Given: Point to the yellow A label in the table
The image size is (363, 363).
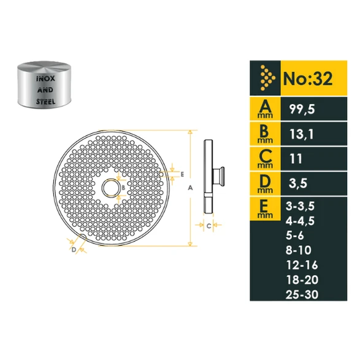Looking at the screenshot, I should [x=264, y=109].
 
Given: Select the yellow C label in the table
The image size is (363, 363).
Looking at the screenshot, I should [x=264, y=157].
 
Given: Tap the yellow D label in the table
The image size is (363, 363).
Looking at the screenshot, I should [x=264, y=181].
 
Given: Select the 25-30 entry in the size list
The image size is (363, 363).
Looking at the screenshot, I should [x=301, y=294].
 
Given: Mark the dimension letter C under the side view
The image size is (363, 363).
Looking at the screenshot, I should [x=209, y=226].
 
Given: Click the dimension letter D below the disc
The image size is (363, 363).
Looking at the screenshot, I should [x=73, y=249].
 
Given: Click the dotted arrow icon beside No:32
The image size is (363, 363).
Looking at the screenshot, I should [x=266, y=78].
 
